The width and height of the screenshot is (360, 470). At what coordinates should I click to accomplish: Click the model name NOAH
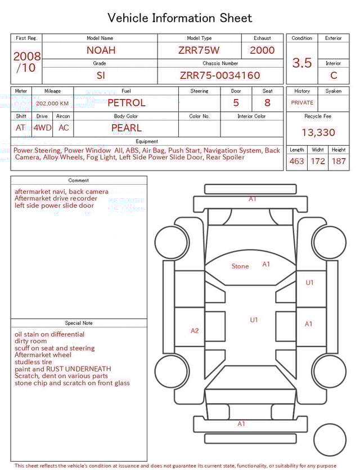[x=101, y=50]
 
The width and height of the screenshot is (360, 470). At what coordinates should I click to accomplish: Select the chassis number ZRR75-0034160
[x=220, y=75]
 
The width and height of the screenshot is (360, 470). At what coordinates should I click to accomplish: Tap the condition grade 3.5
[x=302, y=63]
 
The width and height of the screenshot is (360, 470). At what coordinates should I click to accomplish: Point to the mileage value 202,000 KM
[x=52, y=104]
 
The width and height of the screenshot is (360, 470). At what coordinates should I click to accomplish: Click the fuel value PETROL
[x=126, y=103]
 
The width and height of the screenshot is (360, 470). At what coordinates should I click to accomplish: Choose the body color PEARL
[x=126, y=128]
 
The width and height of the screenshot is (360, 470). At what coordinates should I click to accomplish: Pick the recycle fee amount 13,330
[x=318, y=133]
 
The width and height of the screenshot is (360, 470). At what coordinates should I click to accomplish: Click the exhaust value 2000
[x=262, y=50]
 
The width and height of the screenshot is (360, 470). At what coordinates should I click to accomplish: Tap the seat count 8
[x=267, y=103]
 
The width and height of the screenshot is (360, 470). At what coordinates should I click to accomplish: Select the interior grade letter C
[x=334, y=75]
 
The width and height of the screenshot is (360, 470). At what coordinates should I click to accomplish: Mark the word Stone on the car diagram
[x=240, y=266]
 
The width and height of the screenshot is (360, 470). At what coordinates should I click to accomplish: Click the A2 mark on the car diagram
[x=195, y=331]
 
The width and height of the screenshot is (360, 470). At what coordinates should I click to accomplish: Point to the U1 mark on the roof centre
[x=254, y=320]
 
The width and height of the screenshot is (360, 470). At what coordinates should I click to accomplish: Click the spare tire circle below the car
[x=330, y=440]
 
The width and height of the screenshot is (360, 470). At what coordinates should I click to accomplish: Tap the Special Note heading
[x=79, y=323]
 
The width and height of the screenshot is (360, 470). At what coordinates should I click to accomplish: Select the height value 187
[x=339, y=162]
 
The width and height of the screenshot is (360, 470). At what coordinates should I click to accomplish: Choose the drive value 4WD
[x=42, y=128]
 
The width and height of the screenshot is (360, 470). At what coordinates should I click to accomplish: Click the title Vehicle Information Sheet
[x=180, y=18]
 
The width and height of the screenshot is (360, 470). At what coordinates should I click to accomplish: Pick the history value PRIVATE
[x=302, y=103]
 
